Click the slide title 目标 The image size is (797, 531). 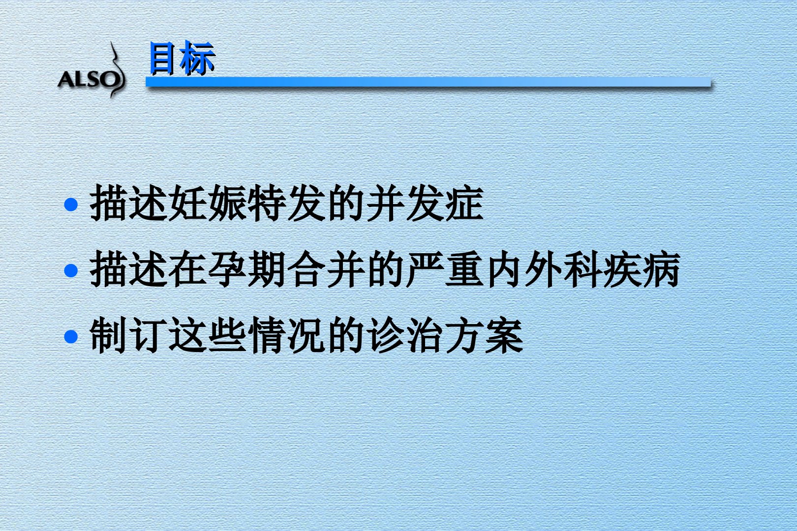[182, 58]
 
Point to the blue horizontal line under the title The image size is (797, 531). [428, 82]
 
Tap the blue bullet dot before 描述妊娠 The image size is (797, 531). [71, 205]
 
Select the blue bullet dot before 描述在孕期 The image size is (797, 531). [71, 270]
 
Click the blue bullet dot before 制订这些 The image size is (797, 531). [71, 336]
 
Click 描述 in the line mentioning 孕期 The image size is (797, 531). [129, 269]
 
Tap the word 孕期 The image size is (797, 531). [247, 269]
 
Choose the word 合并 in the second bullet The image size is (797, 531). [326, 269]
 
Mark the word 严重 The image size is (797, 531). [445, 269]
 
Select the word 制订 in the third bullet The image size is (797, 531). [129, 335]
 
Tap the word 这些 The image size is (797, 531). [208, 335]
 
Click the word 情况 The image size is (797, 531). [286, 335]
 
